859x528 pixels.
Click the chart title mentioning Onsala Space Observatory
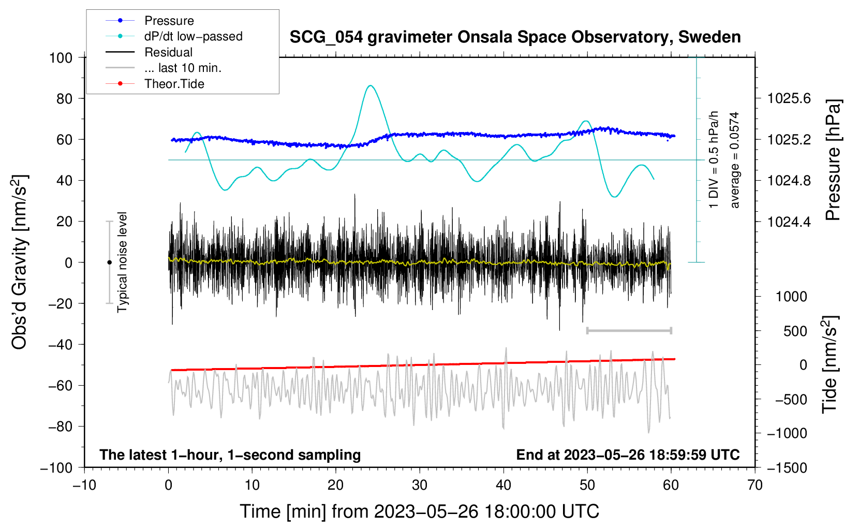pyautogui.click(x=515, y=37)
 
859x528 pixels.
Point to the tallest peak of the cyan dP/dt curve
pyautogui.click(x=370, y=85)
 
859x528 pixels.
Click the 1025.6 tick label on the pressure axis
pyautogui.click(x=789, y=99)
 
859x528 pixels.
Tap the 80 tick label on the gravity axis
pyautogui.click(x=64, y=99)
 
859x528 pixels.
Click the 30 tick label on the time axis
pyautogui.click(x=420, y=486)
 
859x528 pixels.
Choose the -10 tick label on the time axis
pyautogui.click(x=84, y=486)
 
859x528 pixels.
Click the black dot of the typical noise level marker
pyautogui.click(x=109, y=262)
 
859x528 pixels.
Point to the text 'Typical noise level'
pyautogui.click(x=122, y=262)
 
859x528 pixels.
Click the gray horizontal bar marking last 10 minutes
pyautogui.click(x=629, y=330)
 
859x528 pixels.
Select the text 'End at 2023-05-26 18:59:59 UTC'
pyautogui.click(x=628, y=454)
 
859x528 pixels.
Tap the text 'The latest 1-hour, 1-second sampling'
pyautogui.click(x=230, y=455)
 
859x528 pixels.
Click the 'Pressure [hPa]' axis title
pyautogui.click(x=833, y=160)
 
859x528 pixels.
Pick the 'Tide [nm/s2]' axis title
pyautogui.click(x=830, y=364)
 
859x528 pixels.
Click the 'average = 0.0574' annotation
pyautogui.click(x=734, y=160)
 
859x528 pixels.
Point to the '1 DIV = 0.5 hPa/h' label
pyautogui.click(x=713, y=159)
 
